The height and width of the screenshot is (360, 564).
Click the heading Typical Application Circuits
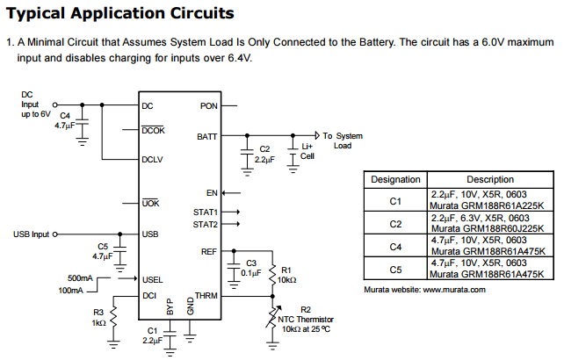(120, 13)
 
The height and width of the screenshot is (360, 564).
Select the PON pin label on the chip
(208, 106)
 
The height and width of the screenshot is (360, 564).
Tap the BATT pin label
(206, 136)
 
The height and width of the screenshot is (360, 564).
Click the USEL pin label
(152, 279)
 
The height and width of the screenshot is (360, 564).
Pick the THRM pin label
(206, 296)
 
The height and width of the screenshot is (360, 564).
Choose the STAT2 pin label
(206, 225)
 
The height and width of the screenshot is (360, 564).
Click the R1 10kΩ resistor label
(289, 274)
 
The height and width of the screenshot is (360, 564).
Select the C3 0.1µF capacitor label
(251, 268)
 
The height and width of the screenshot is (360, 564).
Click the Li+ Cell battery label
(307, 151)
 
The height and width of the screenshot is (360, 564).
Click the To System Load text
(342, 140)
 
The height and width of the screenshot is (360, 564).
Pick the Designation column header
(395, 179)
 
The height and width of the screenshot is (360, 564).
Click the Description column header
(490, 179)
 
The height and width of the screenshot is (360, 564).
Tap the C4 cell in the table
(395, 246)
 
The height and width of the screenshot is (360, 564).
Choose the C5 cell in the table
(395, 269)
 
